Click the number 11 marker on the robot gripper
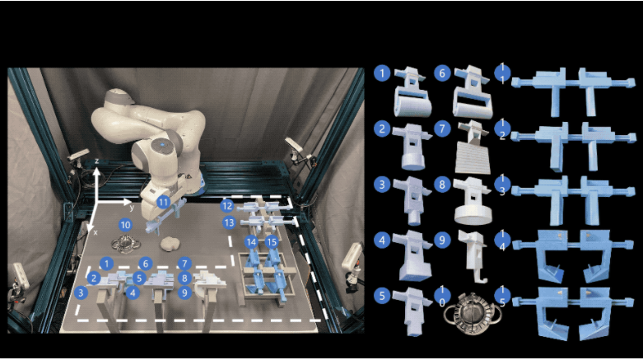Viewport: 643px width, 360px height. [164, 202]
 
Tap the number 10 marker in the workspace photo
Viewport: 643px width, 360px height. [125, 225]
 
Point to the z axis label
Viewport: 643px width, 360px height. [97, 161]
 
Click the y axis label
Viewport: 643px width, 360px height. [132, 208]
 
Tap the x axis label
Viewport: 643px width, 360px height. [96, 232]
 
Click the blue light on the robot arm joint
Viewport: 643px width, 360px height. [163, 145]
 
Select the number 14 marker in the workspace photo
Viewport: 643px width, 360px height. [251, 242]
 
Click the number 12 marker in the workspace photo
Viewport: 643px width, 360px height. [226, 206]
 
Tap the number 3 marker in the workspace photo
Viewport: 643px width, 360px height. [82, 292]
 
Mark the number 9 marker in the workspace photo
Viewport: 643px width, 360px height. [185, 292]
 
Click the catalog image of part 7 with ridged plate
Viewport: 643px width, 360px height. [473, 147]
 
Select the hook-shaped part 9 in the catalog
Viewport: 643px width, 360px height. [473, 256]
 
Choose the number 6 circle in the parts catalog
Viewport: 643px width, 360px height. [442, 73]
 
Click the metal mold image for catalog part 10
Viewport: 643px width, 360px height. [473, 313]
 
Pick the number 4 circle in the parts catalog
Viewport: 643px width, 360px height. [382, 240]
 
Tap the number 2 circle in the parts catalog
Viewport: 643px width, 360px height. [382, 129]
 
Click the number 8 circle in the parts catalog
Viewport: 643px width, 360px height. [442, 185]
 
